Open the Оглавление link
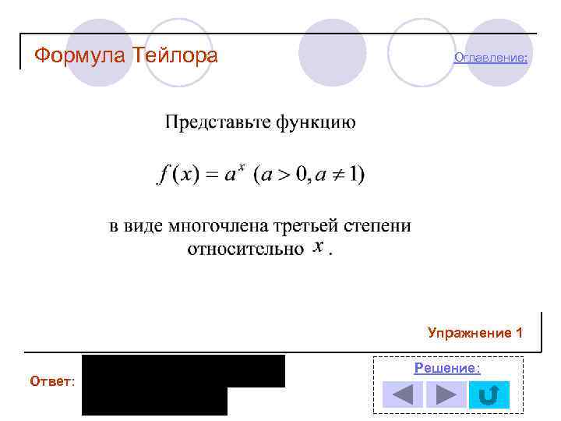coord(491,58)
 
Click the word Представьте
coord(215,122)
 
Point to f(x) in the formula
coord(177,174)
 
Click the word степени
coord(379,227)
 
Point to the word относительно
coord(245,249)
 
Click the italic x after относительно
coord(318,248)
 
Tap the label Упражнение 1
coord(475,333)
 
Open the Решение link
coord(446,368)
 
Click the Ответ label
coord(52,381)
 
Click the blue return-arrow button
coord(489,394)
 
